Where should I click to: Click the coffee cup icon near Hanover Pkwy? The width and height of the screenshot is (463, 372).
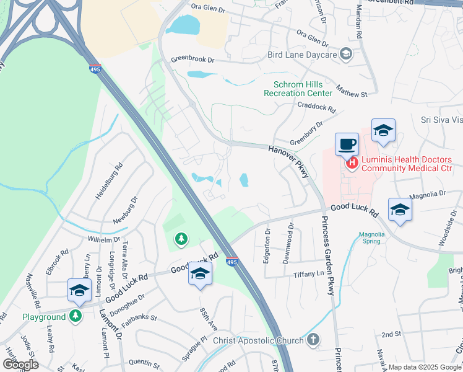tap(347, 144)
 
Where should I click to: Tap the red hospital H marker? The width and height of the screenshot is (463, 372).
tap(352, 164)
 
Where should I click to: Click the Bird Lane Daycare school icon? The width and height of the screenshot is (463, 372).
tap(346, 55)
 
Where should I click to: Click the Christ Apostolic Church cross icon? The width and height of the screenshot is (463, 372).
tap(313, 340)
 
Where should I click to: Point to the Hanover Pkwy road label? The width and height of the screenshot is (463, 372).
tap(288, 162)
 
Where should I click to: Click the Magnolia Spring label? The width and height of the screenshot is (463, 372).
tap(372, 238)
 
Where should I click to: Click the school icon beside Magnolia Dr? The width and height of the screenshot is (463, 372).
tap(400, 210)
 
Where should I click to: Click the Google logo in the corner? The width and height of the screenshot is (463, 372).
tap(20, 364)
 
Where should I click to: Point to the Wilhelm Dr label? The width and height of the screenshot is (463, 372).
tap(103, 239)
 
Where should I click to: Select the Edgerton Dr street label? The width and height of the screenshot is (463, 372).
tap(267, 247)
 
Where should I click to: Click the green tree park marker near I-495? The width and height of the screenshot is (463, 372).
tap(180, 238)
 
